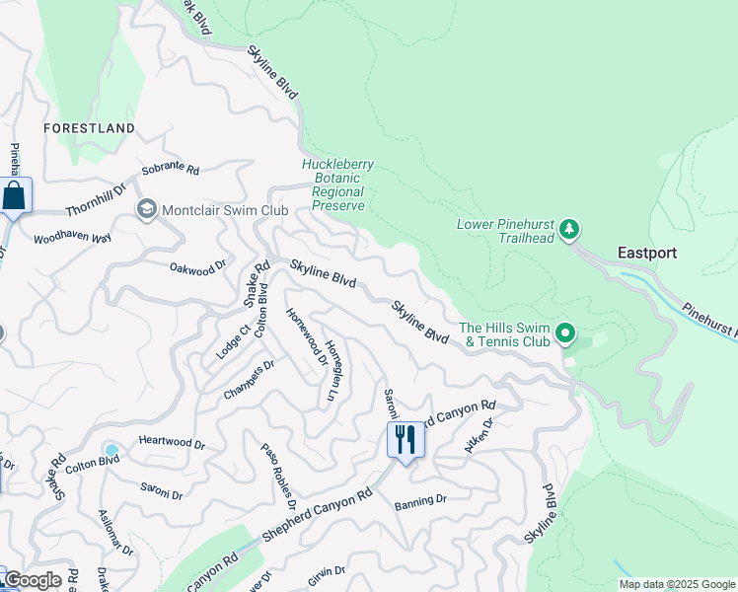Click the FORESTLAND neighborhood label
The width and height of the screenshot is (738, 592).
click(89, 128)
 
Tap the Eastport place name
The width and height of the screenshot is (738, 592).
click(647, 253)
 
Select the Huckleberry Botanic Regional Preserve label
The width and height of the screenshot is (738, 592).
click(337, 185)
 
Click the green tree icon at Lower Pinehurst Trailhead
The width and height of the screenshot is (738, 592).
click(568, 231)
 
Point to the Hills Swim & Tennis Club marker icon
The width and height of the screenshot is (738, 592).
click(565, 334)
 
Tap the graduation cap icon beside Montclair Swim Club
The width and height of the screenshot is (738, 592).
click(147, 209)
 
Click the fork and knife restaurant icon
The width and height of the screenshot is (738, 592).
click(406, 439)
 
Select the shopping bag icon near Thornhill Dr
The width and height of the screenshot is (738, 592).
click(15, 195)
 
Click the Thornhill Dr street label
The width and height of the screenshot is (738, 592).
click(97, 204)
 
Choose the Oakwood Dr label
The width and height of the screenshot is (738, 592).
click(197, 265)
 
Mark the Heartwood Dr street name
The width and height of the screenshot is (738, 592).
click(172, 444)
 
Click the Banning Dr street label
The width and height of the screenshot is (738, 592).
click(420, 501)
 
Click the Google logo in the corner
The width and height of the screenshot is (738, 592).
click(33, 580)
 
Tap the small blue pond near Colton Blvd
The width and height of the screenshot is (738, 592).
click(111, 451)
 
